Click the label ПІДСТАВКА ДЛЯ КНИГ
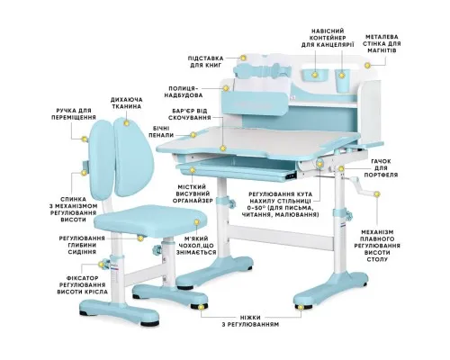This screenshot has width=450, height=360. (x=206, y=61)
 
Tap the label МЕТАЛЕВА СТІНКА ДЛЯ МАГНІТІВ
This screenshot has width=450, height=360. (x=382, y=43)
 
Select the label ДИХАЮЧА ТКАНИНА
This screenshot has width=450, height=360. (x=126, y=103)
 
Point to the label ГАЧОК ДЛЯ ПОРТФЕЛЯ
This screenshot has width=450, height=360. (x=381, y=168)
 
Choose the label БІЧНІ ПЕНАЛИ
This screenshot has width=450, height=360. (x=161, y=132)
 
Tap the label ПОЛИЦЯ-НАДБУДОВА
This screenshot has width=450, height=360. (x=185, y=92)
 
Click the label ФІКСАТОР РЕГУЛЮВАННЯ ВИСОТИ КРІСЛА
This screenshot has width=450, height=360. (x=83, y=285)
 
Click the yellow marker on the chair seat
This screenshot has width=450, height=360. (x=197, y=222)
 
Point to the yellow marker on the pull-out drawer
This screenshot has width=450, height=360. (x=193, y=170)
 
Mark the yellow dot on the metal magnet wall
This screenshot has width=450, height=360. (x=368, y=65)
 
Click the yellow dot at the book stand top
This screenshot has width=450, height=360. (x=243, y=58)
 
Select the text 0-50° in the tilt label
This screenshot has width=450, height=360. (x=257, y=208)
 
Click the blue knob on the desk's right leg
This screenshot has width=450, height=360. (x=349, y=216)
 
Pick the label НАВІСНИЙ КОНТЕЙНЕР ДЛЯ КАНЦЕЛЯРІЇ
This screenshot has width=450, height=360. (x=328, y=38)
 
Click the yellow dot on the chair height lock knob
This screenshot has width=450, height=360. (x=102, y=265)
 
